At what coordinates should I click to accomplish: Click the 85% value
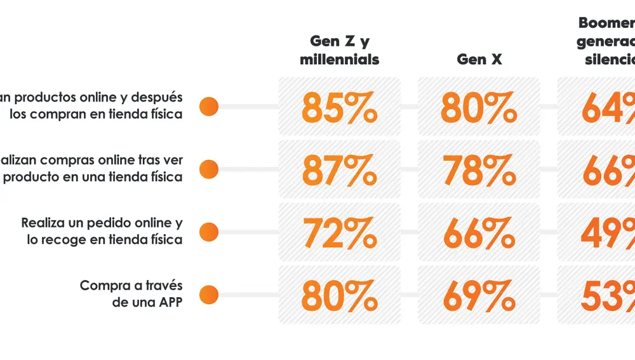pyautogui.click(x=339, y=107)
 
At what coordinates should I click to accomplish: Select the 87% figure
pyautogui.click(x=339, y=170)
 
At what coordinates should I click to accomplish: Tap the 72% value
pyautogui.click(x=339, y=233)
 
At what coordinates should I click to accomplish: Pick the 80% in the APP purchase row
pyautogui.click(x=339, y=295)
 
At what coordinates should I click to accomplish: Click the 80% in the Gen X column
pyautogui.click(x=479, y=107)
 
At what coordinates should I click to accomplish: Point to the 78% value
pyautogui.click(x=479, y=170)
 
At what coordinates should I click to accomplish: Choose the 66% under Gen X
pyautogui.click(x=479, y=233)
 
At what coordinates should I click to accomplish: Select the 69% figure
pyautogui.click(x=479, y=295)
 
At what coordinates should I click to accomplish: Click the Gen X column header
pyautogui.click(x=479, y=60)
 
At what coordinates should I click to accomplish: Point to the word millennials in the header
pyautogui.click(x=339, y=60)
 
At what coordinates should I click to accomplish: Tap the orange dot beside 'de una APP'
pyautogui.click(x=209, y=295)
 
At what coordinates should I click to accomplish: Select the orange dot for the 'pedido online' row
pyautogui.click(x=209, y=232)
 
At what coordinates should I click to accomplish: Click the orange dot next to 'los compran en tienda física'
pyautogui.click(x=209, y=107)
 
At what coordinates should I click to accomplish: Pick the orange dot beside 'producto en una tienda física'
pyautogui.click(x=209, y=170)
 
